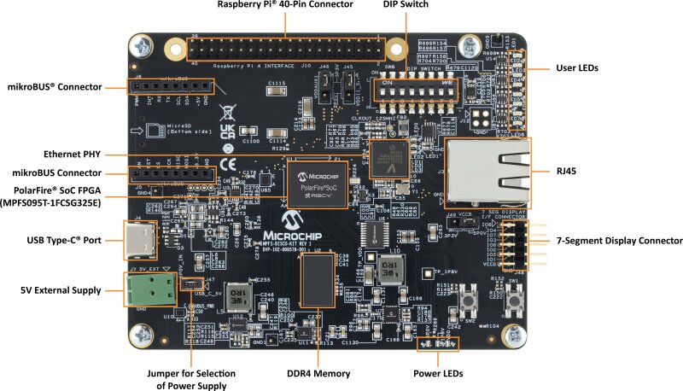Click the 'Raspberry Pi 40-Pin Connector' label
point(284,6)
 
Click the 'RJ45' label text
point(567,172)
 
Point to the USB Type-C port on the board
point(146,240)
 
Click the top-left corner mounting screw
point(143,47)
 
